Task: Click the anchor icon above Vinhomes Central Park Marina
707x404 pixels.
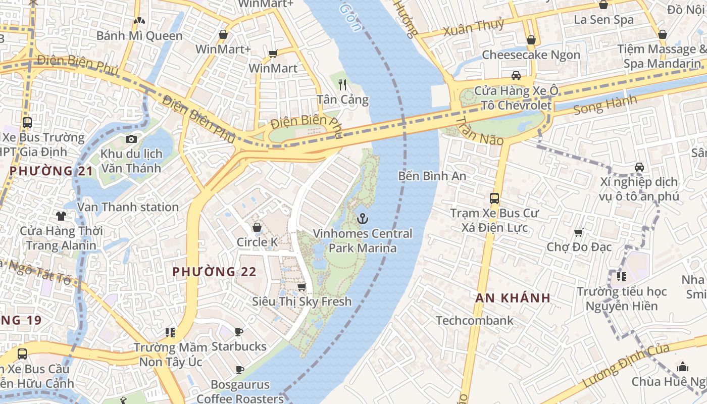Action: (x=362, y=219)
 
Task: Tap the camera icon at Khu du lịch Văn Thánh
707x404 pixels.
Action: (x=131, y=139)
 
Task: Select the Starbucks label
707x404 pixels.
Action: (x=239, y=346)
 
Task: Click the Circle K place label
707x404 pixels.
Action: (x=257, y=242)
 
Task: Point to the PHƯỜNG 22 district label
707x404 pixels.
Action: (x=214, y=272)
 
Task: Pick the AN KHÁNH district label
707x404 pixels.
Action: (x=513, y=298)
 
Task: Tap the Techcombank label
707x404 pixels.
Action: (x=474, y=321)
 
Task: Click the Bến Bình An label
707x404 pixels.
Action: (x=432, y=176)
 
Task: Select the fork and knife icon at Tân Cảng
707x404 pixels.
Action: (x=342, y=84)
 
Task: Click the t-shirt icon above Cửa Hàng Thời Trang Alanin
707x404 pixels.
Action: (x=61, y=216)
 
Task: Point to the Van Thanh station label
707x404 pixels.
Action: (x=128, y=207)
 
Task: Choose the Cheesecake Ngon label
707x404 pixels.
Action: (x=531, y=55)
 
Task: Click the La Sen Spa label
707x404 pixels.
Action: (x=603, y=20)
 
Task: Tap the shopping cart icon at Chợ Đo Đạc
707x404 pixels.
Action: (x=579, y=233)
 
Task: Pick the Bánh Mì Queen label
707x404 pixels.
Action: (x=139, y=36)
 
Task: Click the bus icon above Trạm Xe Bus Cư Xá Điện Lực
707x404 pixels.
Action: (x=494, y=198)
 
